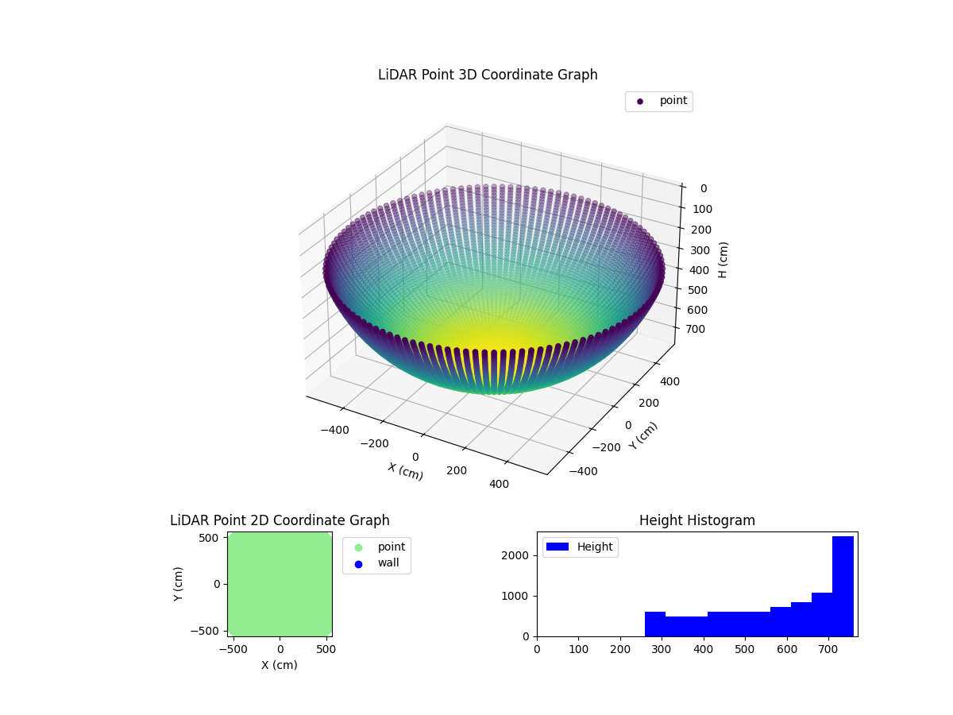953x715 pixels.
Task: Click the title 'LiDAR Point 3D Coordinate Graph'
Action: [488, 75]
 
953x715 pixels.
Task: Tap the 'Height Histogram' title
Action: [696, 521]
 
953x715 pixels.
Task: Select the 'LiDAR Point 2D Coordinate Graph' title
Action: [280, 521]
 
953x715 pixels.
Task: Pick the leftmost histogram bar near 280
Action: [654, 624]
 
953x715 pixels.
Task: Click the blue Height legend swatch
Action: [558, 547]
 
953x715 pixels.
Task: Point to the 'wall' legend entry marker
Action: [358, 563]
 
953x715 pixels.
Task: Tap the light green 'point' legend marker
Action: [358, 547]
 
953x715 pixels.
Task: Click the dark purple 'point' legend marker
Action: [640, 102]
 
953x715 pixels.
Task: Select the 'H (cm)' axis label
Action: [723, 260]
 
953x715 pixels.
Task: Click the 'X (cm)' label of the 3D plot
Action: [405, 471]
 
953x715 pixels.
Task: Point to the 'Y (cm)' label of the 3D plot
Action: [643, 436]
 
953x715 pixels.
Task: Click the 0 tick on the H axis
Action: [704, 188]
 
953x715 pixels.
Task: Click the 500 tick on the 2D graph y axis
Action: [209, 538]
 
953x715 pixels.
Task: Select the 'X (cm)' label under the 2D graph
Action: [279, 665]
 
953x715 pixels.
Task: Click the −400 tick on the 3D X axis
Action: [334, 430]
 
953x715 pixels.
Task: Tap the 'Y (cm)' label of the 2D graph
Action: [179, 584]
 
